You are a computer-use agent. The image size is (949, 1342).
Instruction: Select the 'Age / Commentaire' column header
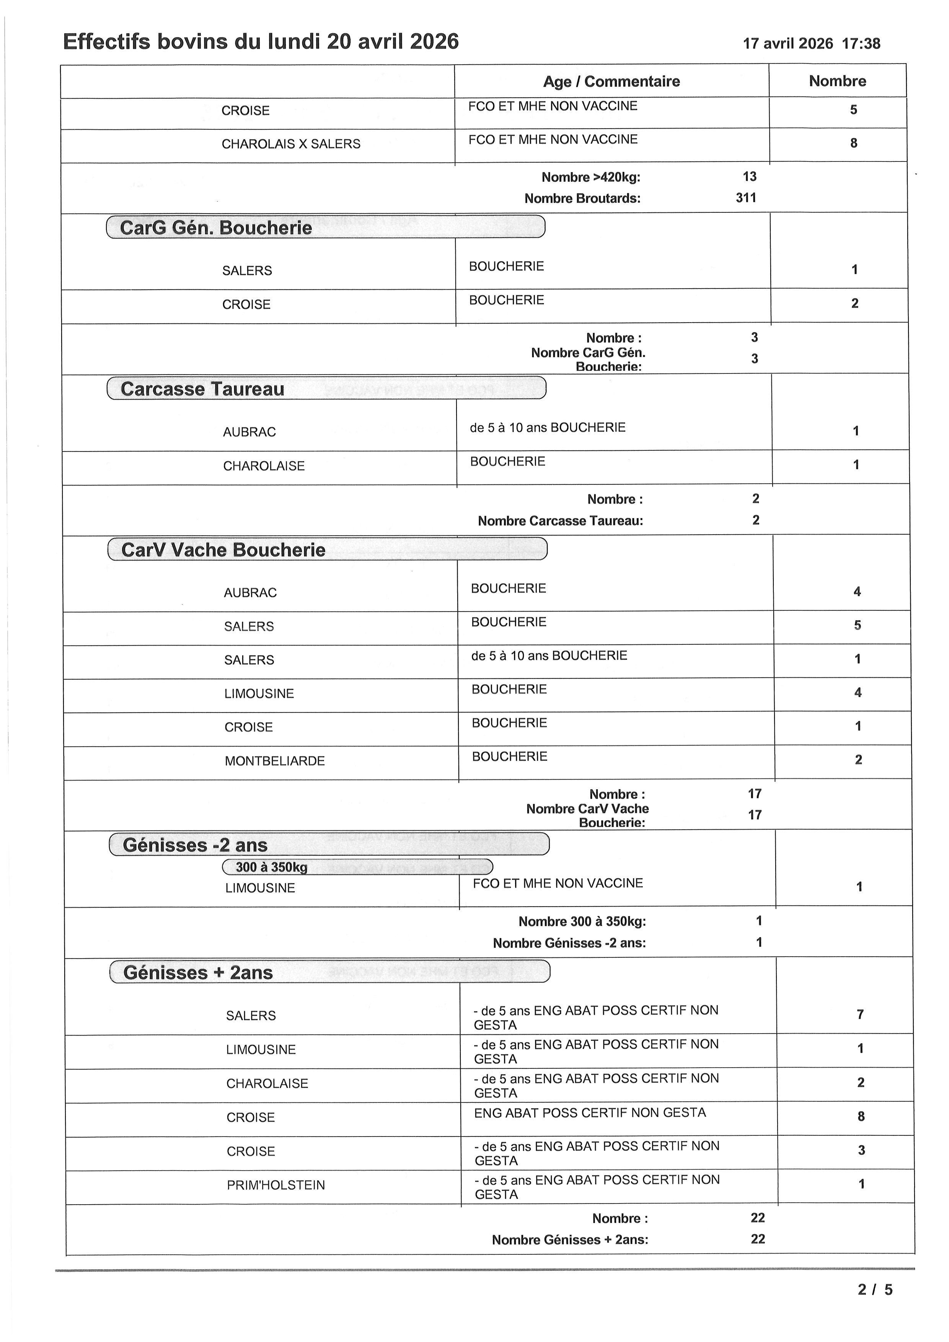click(x=611, y=81)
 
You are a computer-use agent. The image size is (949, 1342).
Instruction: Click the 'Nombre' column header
click(x=837, y=81)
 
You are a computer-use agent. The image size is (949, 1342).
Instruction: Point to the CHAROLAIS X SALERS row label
click(x=290, y=144)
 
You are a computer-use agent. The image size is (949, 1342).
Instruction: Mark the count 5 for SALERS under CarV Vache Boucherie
click(x=857, y=625)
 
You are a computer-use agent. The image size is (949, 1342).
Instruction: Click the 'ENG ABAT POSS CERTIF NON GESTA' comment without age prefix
click(x=590, y=1113)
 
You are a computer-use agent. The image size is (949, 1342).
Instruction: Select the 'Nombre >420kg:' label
click(x=591, y=177)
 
